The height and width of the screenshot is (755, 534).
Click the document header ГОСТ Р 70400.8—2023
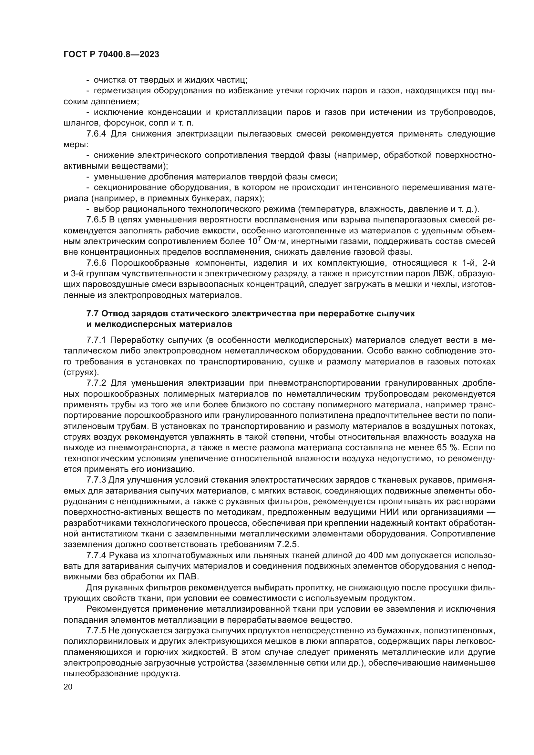pos(111,55)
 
